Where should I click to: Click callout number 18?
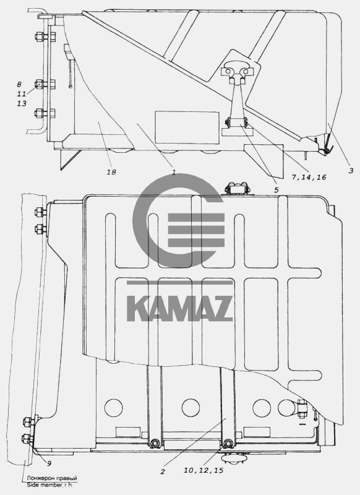coord(111,172)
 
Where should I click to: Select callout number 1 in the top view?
coord(173,173)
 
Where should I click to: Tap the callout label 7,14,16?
coord(309,178)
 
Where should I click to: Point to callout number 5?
coord(276,190)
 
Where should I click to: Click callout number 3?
coord(351,171)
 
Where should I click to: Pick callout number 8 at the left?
coord(19,84)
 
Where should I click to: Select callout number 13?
coord(22,103)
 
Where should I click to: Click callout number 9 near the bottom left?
coord(49,463)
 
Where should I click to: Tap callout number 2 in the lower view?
coord(163,472)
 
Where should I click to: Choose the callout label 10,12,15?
coord(204,470)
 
